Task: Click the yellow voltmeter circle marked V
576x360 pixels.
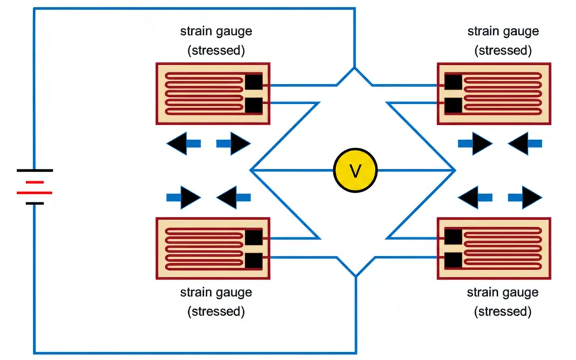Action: [x=355, y=171]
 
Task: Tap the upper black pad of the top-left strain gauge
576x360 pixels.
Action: [x=253, y=83]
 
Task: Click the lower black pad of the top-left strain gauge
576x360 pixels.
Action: [x=253, y=104]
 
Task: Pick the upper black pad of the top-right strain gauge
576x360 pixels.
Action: [x=453, y=83]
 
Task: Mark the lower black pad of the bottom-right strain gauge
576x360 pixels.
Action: [x=453, y=260]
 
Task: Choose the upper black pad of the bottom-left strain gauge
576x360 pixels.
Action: [x=253, y=238]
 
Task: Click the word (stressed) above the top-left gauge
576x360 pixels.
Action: [x=216, y=50]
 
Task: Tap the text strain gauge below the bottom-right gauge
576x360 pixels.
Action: [x=503, y=292]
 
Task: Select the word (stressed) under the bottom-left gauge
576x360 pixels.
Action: [x=216, y=311]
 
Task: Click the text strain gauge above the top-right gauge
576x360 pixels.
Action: [x=503, y=31]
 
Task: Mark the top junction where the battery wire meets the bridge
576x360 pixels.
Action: [x=355, y=68]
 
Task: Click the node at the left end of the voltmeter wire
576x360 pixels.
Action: [x=251, y=171]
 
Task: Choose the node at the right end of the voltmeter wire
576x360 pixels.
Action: [x=454, y=171]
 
